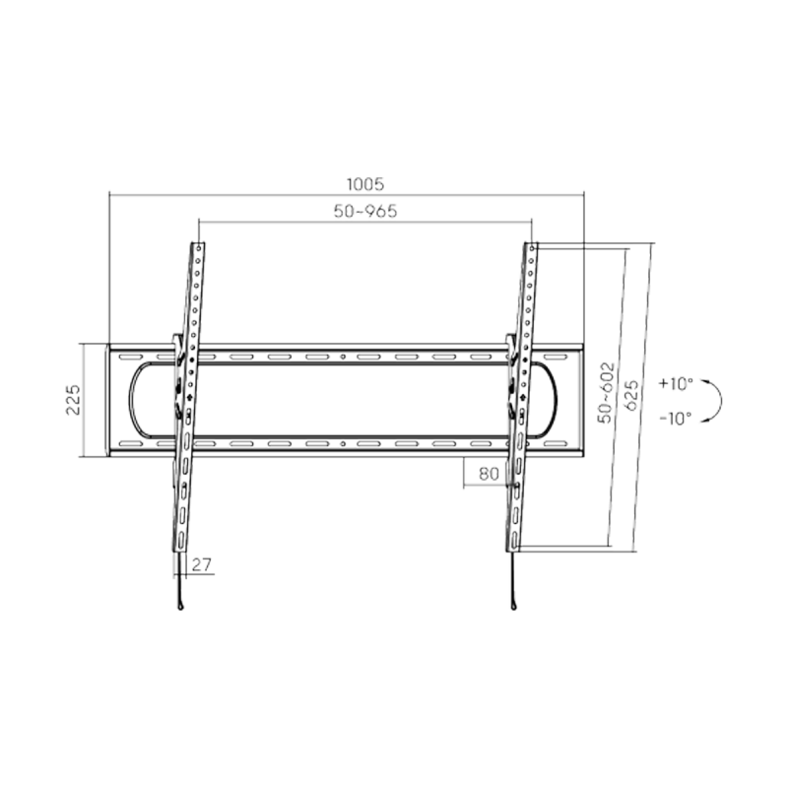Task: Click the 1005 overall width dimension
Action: [365, 184]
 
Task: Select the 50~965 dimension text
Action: [365, 211]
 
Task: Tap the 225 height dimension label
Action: [73, 400]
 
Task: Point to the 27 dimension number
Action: [202, 564]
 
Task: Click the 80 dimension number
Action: [489, 474]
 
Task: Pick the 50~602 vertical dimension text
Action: [606, 392]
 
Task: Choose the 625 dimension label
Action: [631, 395]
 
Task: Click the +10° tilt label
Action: [676, 384]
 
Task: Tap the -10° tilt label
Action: [676, 418]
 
